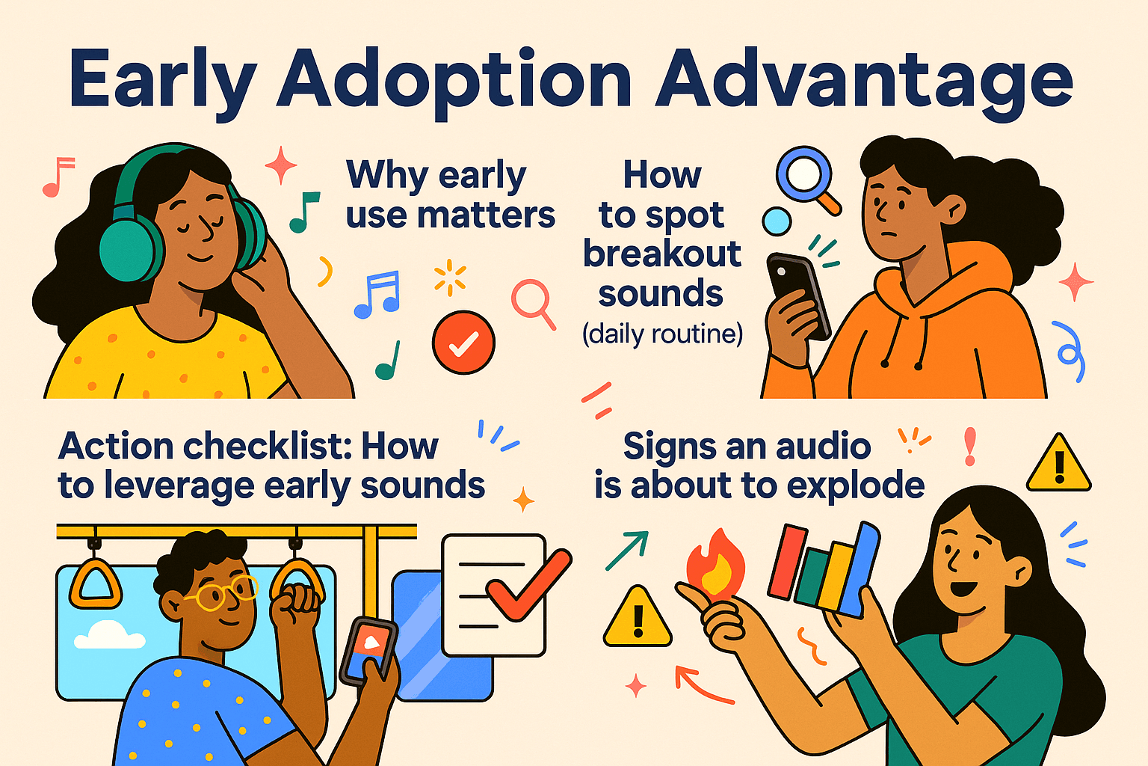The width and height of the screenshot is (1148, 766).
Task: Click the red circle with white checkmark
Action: [463, 343]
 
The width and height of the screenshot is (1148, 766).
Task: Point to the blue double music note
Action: [377, 295]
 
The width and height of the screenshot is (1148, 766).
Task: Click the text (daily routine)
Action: [662, 333]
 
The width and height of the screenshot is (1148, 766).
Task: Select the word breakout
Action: [662, 254]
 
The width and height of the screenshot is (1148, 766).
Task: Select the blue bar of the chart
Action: [860, 569]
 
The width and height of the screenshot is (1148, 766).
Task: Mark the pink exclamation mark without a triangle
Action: [970, 447]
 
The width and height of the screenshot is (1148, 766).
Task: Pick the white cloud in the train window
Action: [109, 636]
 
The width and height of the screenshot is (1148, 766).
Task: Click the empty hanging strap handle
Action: [96, 583]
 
